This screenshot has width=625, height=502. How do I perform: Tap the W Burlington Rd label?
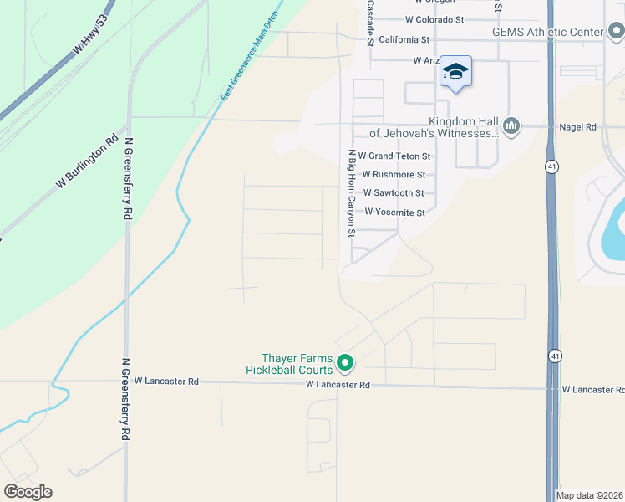point(87,166)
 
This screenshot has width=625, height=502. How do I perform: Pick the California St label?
point(404,39)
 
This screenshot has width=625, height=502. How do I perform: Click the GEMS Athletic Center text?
point(547,33)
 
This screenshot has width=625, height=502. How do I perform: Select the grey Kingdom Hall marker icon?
point(511,126)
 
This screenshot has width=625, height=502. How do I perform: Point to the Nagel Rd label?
point(578,127)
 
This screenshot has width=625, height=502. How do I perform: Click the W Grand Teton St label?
point(394,156)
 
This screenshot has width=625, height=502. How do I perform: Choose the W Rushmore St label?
point(394,175)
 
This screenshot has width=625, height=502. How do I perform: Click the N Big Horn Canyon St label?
point(353,192)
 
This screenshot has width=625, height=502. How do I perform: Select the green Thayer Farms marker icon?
point(345,363)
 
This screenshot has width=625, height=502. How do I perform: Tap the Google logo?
point(28,491)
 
